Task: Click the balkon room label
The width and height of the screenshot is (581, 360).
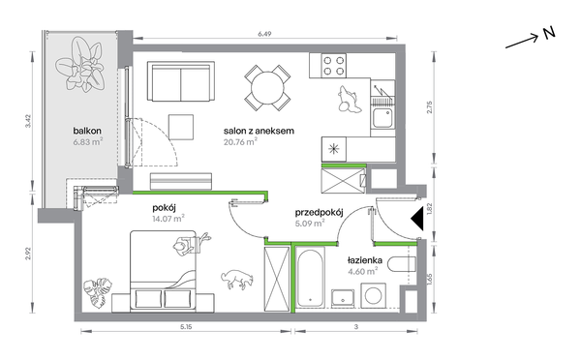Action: coord(87,131)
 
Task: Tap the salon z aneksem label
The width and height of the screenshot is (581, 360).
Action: coord(259,131)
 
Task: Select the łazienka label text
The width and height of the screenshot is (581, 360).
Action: coord(365,260)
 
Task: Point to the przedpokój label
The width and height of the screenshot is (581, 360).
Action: coord(319,213)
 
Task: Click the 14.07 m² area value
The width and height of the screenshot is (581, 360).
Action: coord(168,219)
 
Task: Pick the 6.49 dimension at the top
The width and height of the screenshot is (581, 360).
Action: coord(264,34)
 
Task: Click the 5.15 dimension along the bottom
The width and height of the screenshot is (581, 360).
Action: coord(186,327)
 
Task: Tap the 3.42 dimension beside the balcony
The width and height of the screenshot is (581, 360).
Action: coord(28,121)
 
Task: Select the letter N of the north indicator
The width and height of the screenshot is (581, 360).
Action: coord(549,33)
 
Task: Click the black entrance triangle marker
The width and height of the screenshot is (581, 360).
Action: coord(418,219)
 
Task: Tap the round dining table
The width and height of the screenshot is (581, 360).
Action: coord(267,88)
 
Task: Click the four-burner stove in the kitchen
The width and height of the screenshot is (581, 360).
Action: coord(334,66)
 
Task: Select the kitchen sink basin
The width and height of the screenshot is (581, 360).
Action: coord(382,118)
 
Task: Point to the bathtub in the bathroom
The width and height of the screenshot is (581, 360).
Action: coord(311,277)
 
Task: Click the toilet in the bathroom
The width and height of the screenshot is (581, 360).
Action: coord(402,264)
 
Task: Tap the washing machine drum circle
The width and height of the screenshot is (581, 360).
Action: coord(374,295)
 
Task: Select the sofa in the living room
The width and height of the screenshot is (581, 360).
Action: coord(181,81)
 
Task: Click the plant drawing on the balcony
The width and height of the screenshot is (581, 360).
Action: coord(79,65)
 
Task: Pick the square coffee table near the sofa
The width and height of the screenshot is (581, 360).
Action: coord(181,127)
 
